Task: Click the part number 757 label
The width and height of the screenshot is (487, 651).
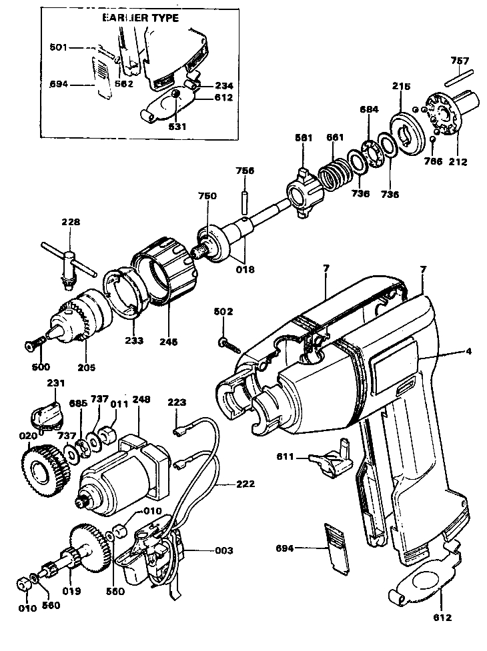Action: coord(459,61)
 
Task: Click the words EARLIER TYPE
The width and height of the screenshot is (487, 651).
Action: coord(140,17)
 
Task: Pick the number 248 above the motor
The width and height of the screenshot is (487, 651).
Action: coord(141,400)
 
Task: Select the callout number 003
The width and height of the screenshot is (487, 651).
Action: coord(223,550)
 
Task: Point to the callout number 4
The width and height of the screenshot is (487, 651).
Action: coord(469,352)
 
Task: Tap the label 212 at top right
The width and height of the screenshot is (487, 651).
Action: coord(458,161)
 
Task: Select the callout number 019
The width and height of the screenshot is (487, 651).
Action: coord(72,590)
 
